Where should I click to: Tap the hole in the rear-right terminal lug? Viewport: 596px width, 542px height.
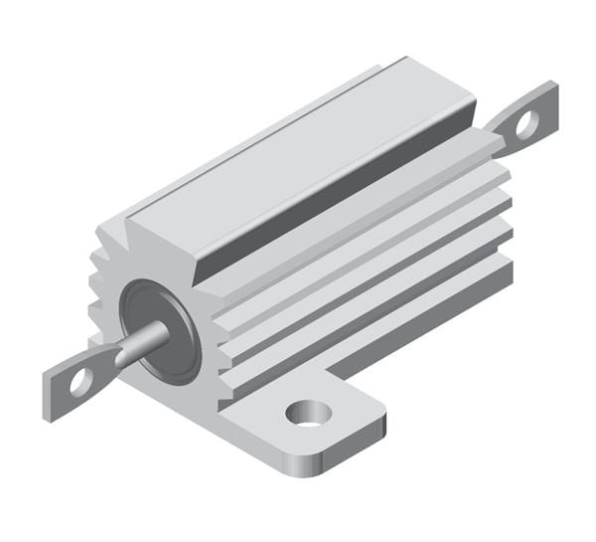(x=526, y=123)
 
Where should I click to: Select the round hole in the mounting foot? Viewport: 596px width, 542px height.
(x=308, y=410)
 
